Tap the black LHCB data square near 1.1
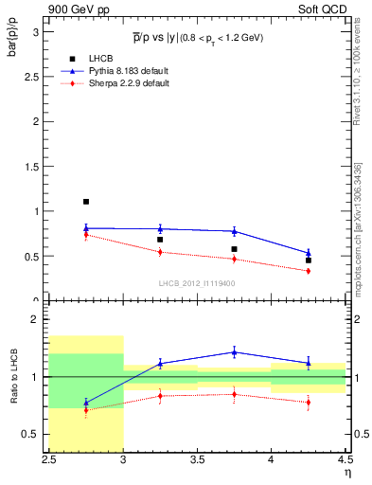pos(86,202)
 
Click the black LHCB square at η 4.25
pos(309,260)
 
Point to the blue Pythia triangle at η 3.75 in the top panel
pos(235,231)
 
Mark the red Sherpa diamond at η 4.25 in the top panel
pos(309,271)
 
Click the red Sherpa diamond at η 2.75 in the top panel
pos(86,234)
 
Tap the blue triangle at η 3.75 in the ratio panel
pos(235,352)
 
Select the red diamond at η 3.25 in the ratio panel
pos(160,395)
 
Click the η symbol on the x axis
pos(346,471)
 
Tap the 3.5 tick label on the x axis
pos(197,459)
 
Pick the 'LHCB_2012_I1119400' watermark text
pos(197,283)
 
